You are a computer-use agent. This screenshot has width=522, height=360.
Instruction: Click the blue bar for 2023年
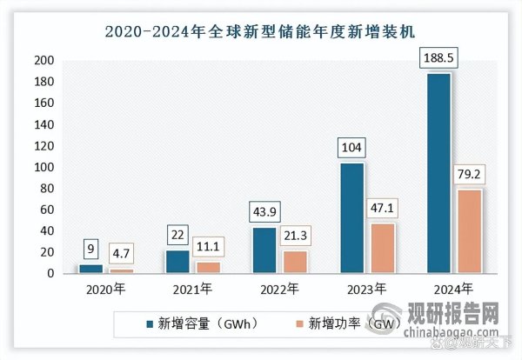[x=352, y=218]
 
